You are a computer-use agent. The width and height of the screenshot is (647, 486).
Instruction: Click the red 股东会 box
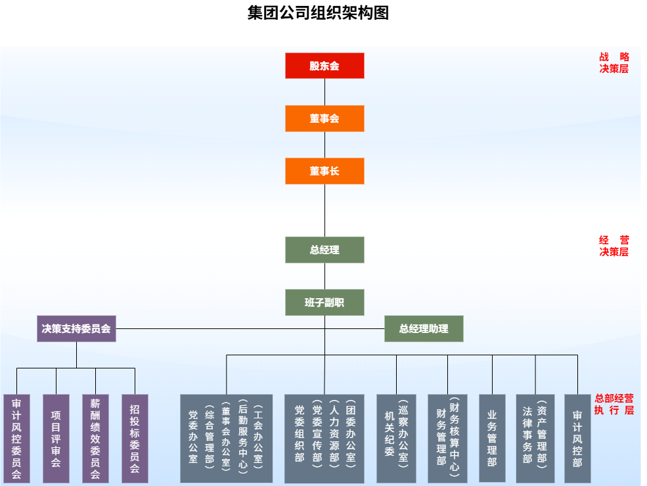(324, 66)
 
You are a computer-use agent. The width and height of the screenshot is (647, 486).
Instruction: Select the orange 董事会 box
(324, 119)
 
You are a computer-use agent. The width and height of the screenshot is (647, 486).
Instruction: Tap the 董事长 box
(324, 171)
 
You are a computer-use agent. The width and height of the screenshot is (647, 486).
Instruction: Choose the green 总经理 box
(324, 250)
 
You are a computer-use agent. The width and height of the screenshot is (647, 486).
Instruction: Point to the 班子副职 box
(324, 302)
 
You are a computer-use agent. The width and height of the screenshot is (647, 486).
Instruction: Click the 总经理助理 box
(424, 328)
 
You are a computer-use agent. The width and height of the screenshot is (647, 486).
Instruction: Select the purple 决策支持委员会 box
(76, 328)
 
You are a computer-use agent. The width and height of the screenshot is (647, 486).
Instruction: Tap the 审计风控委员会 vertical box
(16, 439)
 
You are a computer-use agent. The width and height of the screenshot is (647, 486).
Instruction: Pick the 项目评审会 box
(56, 439)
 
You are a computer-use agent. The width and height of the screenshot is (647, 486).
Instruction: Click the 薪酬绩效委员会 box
(95, 439)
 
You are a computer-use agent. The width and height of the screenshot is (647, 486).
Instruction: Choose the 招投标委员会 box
(135, 439)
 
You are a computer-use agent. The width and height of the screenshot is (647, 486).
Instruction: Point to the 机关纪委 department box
(396, 439)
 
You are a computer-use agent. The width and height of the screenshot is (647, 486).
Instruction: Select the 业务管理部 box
(492, 439)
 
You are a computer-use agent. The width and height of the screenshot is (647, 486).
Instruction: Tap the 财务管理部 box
(447, 439)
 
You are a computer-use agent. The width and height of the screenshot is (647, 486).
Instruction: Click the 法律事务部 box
(535, 439)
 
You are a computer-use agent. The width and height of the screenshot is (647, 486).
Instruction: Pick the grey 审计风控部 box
(577, 439)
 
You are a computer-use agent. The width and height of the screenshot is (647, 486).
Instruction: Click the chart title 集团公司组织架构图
(318, 13)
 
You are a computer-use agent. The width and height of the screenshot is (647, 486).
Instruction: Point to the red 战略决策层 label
(614, 62)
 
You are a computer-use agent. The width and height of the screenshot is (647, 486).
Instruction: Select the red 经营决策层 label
(614, 246)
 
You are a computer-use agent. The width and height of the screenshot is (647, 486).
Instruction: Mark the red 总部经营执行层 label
(614, 404)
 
